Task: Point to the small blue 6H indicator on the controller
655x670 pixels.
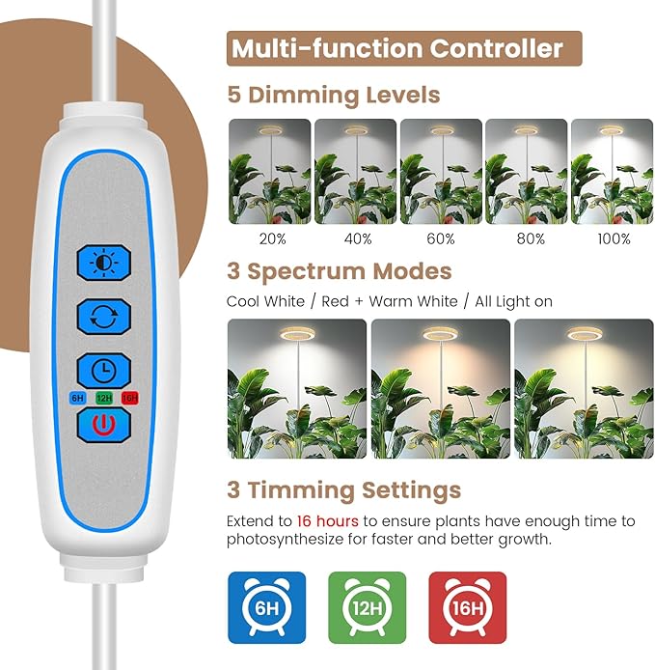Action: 77,397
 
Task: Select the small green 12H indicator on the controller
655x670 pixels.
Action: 104,397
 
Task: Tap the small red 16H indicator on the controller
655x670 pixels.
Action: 130,397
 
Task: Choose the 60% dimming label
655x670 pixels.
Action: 441,238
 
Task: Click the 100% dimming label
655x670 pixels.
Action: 613,238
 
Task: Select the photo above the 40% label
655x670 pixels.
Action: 355,172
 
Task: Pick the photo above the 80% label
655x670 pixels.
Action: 526,172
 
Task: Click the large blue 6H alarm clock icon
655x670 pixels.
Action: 266,608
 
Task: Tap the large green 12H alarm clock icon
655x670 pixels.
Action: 368,608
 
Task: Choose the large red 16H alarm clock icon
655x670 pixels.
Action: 468,608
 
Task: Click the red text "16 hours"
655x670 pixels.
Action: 328,521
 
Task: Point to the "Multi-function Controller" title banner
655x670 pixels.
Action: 404,48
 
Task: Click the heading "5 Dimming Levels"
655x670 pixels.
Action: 333,96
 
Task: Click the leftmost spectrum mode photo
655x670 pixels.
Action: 296,388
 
